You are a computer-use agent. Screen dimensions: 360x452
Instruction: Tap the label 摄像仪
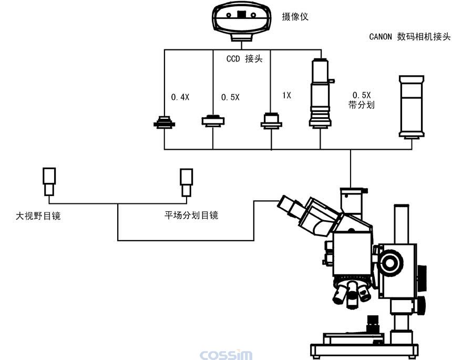point(295,17)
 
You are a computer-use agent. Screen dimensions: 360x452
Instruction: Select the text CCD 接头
point(244,59)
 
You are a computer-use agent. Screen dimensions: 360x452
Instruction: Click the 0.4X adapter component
point(165,122)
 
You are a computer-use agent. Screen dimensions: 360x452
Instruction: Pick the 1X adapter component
point(272,120)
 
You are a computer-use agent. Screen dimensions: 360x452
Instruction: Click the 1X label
point(286,95)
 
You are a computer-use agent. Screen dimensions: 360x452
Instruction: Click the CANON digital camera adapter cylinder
point(412,107)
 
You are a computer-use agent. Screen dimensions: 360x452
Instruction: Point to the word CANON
point(381,37)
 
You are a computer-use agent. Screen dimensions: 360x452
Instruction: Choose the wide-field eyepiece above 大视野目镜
point(49,181)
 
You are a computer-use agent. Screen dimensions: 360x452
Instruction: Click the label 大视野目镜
point(38,215)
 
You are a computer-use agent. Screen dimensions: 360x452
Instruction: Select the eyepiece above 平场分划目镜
point(187,182)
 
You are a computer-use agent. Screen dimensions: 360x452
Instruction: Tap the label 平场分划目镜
point(191,215)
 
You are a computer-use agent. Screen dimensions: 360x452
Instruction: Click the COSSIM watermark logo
point(226,355)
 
